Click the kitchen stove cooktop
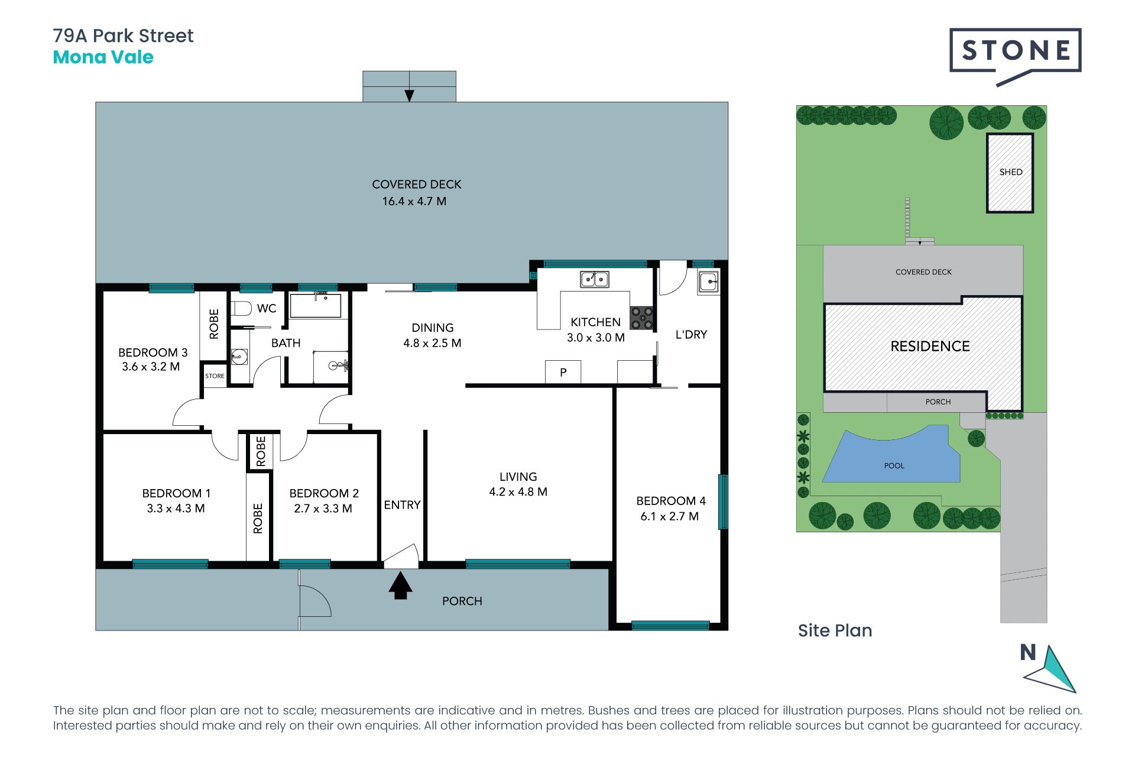[x=642, y=318]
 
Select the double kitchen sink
[x=595, y=279]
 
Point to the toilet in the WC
[x=241, y=308]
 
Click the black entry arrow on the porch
[x=400, y=585]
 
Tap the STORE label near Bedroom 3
[x=215, y=376]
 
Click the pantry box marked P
[x=563, y=372]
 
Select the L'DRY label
[x=691, y=335]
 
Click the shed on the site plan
[x=1010, y=173]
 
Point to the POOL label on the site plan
[x=894, y=466]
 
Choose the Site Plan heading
[x=835, y=630]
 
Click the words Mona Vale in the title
[x=103, y=57]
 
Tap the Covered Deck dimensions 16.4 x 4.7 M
[x=414, y=201]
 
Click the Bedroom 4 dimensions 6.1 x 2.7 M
[x=670, y=516]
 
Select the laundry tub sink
[x=709, y=282]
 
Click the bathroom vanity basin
[x=239, y=357]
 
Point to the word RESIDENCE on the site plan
[x=930, y=347]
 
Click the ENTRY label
[x=402, y=505]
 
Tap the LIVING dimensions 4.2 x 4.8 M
[x=518, y=492]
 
